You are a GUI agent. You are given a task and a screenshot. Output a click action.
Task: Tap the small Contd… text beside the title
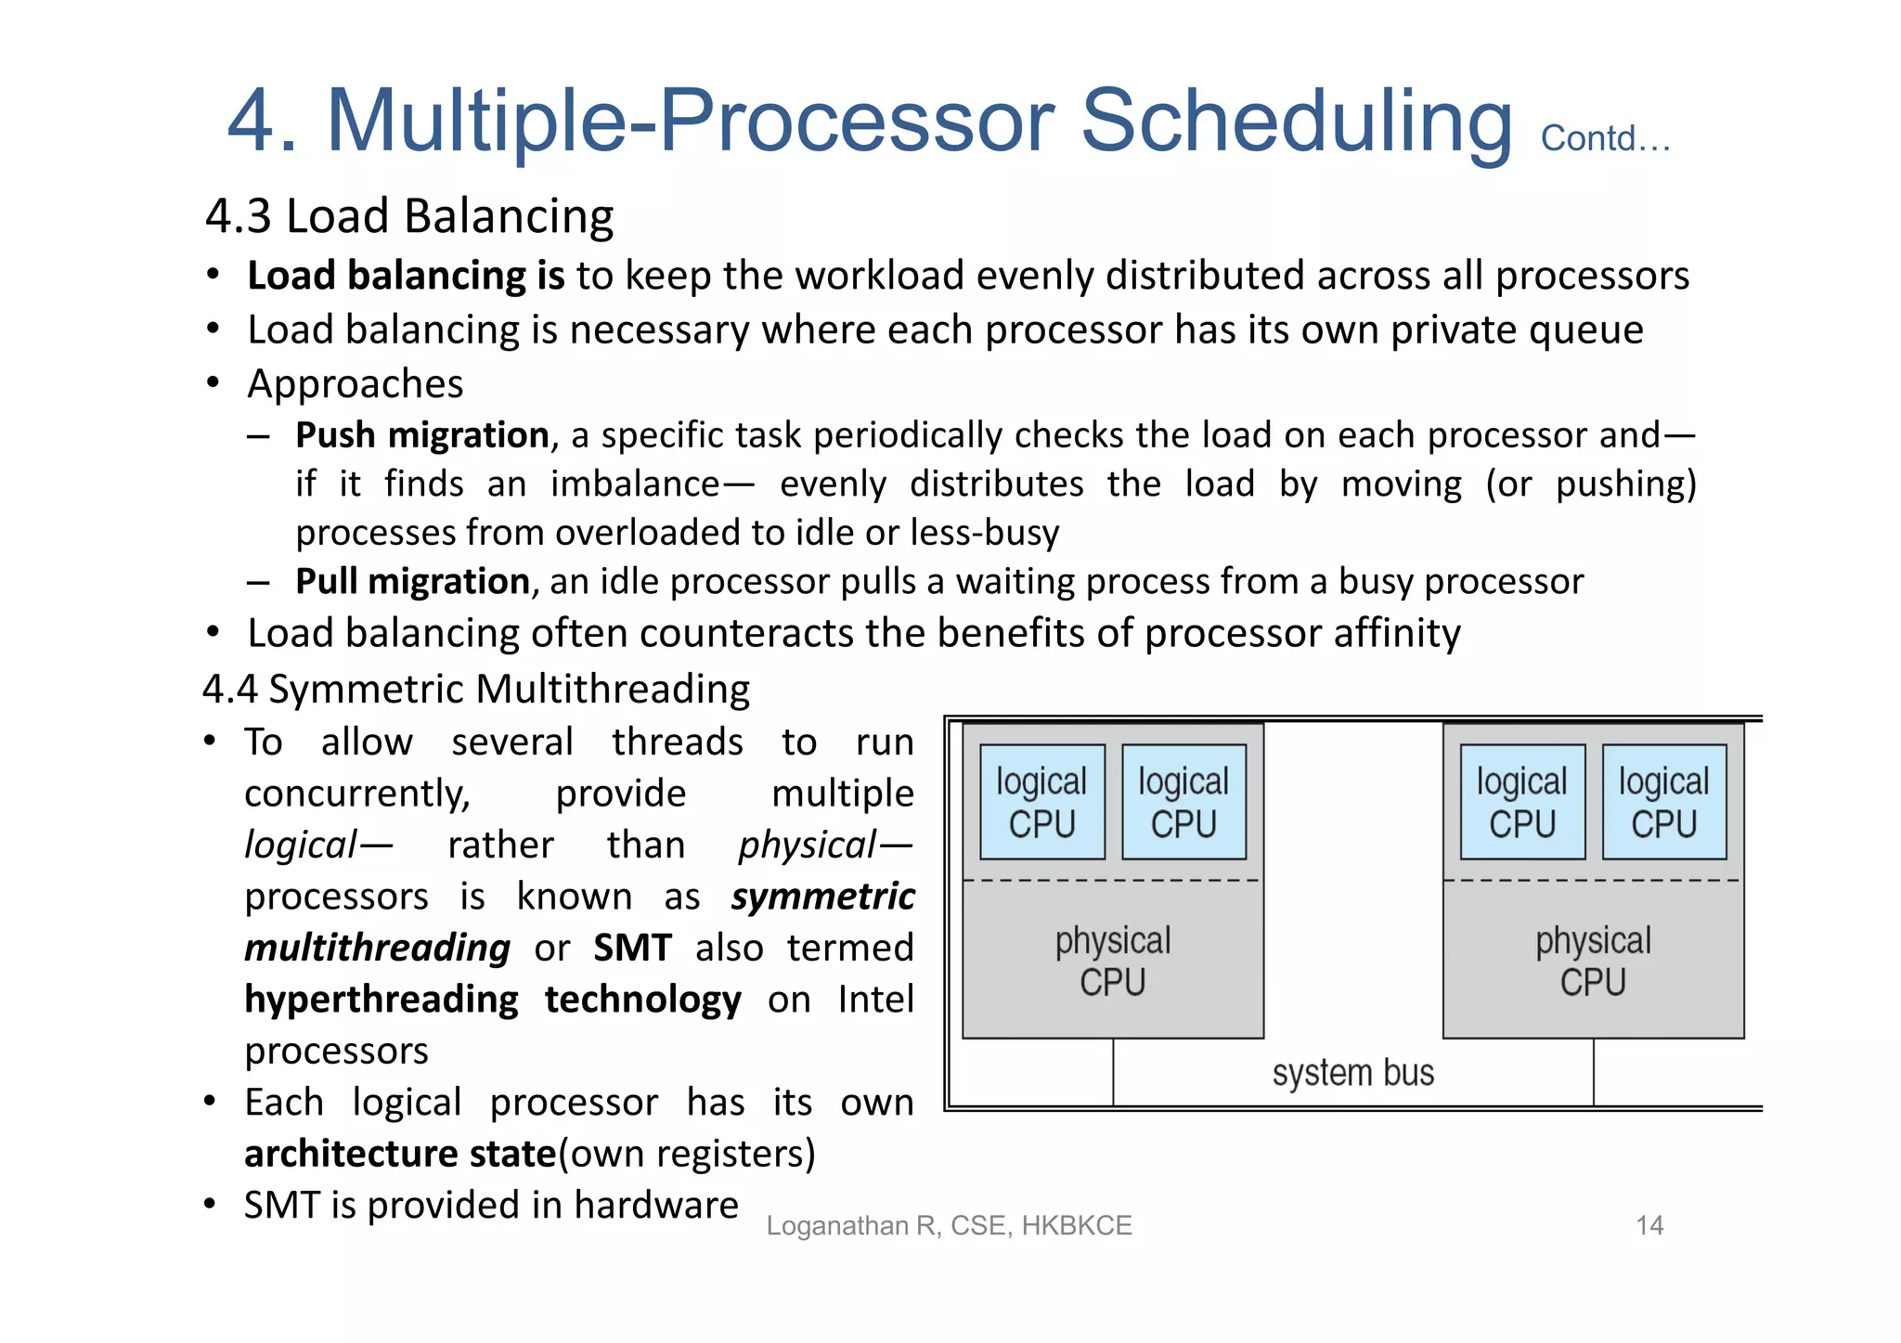point(1605,139)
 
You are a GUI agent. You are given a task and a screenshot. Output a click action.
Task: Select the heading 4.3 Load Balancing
point(409,216)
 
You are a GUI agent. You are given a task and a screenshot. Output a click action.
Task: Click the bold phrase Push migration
point(422,435)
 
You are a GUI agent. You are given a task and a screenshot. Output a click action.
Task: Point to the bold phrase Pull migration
point(412,582)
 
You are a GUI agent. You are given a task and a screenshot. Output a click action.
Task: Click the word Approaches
point(356,384)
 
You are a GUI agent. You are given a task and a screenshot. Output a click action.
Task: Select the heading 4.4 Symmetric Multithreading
point(476,690)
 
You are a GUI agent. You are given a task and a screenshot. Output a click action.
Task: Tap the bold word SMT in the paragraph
point(632,949)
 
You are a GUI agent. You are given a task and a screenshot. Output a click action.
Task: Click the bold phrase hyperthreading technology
point(492,1000)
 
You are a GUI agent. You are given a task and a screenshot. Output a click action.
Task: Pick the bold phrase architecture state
point(400,1154)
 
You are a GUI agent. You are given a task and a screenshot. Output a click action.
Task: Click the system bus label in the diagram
point(1352,1073)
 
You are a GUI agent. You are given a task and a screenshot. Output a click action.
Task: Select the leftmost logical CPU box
point(1041,803)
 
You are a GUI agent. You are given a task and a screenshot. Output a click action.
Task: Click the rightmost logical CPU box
point(1663,803)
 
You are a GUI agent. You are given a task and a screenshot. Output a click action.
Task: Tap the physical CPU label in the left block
point(1113,962)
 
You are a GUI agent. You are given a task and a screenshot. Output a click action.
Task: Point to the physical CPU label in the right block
point(1593,962)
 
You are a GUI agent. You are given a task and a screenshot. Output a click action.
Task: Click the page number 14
point(1649,1226)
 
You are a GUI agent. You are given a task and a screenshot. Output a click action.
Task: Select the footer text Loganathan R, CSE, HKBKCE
point(949,1226)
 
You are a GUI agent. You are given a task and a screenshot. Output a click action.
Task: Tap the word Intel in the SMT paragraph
point(875,1000)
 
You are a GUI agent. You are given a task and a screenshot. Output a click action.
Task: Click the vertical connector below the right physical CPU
point(1594,1072)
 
